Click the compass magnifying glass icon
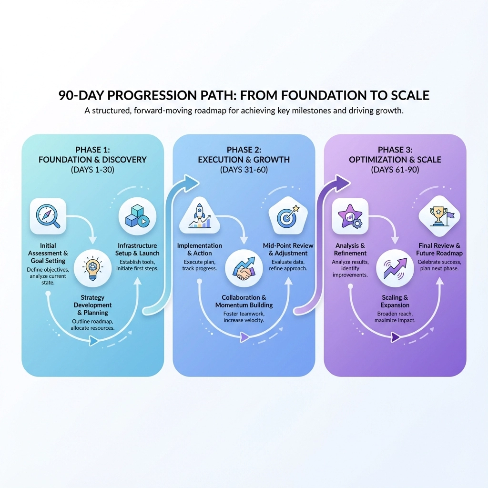pyautogui.click(x=48, y=216)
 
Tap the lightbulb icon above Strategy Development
pyautogui.click(x=92, y=268)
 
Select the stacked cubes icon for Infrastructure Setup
pyautogui.click(x=137, y=216)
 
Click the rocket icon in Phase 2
pyautogui.click(x=200, y=216)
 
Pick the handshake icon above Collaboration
pyautogui.click(x=244, y=268)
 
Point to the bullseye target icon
pyautogui.click(x=288, y=216)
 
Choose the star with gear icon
pyautogui.click(x=350, y=216)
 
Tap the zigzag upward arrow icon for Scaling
pyautogui.click(x=395, y=268)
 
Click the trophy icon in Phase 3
pyautogui.click(x=439, y=216)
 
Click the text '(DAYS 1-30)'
pyautogui.click(x=92, y=170)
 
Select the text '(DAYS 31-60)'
pyautogui.click(x=244, y=170)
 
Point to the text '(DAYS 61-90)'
pyautogui.click(x=395, y=170)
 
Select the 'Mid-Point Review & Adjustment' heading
pyautogui.click(x=288, y=249)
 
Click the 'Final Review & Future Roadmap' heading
pyautogui.click(x=439, y=249)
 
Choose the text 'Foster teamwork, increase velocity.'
pyautogui.click(x=244, y=317)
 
